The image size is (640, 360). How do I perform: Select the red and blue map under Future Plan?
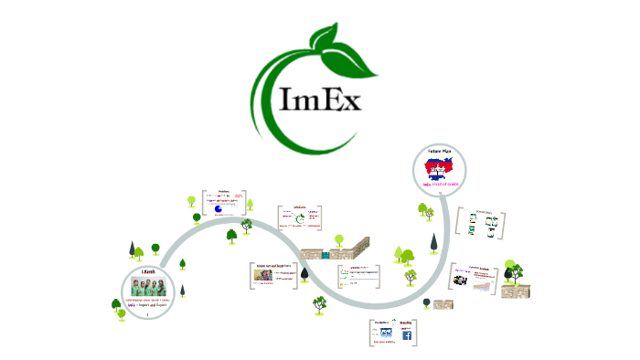[441, 169]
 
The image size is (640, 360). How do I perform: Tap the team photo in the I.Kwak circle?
[148, 284]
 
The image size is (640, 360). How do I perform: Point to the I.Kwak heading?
[148, 270]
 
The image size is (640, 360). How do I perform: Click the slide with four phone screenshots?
[481, 224]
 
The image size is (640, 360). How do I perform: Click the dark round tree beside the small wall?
[319, 302]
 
